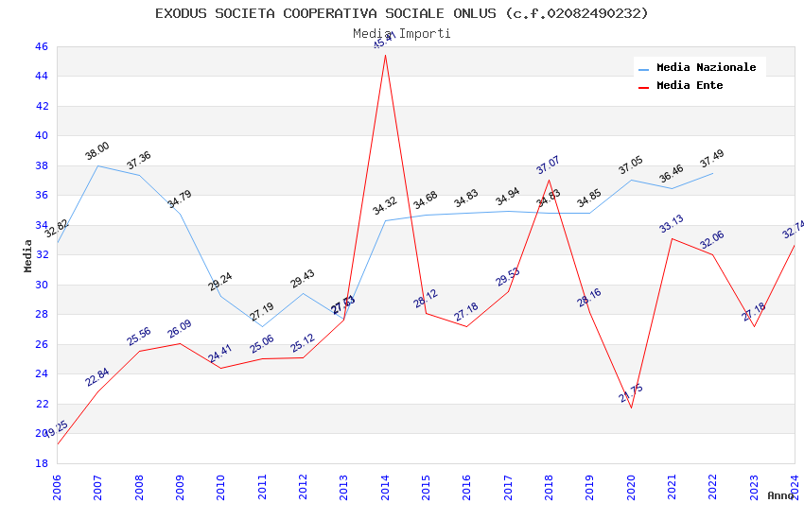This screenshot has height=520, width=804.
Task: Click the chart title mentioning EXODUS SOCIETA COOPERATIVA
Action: (x=402, y=13)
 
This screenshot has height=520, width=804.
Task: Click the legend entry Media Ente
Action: (x=690, y=86)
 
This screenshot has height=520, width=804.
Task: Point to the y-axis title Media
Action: (x=28, y=255)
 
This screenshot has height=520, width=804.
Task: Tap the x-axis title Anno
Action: (x=780, y=495)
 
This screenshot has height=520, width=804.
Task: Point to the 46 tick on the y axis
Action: (x=41, y=46)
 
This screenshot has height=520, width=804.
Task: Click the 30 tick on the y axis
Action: (x=41, y=285)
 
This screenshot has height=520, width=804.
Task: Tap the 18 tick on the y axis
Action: (x=41, y=463)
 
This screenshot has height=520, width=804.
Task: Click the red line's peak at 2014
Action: (x=385, y=55)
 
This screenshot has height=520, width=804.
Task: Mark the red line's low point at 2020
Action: (x=631, y=407)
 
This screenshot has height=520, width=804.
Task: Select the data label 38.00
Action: (x=97, y=151)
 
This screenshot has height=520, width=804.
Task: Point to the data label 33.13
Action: (x=672, y=224)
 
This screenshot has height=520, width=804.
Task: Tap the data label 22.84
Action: (x=97, y=378)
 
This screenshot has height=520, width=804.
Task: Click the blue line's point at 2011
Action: (x=262, y=327)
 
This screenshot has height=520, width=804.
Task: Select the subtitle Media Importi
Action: (x=402, y=33)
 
